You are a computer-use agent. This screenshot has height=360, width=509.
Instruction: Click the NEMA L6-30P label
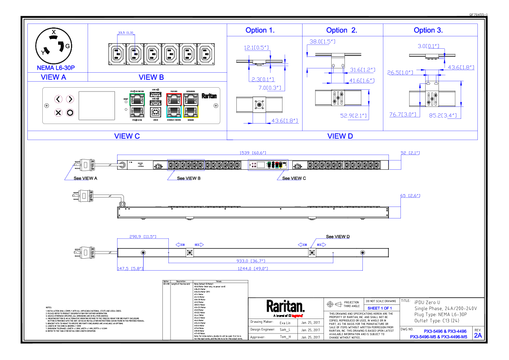pos(56,68)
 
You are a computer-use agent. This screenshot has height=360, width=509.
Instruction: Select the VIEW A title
pos(53,77)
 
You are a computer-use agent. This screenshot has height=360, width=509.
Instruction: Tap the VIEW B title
pos(151,77)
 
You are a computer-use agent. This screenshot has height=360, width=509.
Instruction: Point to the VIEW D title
pos(340,136)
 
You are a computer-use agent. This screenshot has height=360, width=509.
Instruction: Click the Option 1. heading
pos(260,31)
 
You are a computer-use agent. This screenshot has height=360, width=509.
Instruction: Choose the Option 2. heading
pos(341,31)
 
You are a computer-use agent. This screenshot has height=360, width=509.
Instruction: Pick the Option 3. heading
pos(428,31)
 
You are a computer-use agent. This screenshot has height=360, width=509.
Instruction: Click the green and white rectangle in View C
pos(137,106)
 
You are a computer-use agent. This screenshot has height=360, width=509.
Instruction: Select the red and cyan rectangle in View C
pos(174,106)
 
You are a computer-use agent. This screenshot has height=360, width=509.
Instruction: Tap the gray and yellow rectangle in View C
pos(191,106)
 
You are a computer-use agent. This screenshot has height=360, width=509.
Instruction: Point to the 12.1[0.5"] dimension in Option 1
pos(256,48)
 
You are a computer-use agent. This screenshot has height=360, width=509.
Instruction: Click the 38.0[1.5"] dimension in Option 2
pos(322,42)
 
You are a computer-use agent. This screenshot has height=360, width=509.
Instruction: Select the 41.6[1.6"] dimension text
pos(362,81)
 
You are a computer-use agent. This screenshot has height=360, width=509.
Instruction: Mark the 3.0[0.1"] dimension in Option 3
pos(428,47)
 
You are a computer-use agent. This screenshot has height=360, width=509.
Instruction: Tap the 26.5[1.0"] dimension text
pos(400,73)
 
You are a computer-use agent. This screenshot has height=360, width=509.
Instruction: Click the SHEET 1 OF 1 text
pos(380,308)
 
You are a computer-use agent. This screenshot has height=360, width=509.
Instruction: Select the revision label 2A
pos(478,336)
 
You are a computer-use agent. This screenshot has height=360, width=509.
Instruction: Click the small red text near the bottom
pos(297,316)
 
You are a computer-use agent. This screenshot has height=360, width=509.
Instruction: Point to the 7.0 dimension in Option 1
pos(270,88)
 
